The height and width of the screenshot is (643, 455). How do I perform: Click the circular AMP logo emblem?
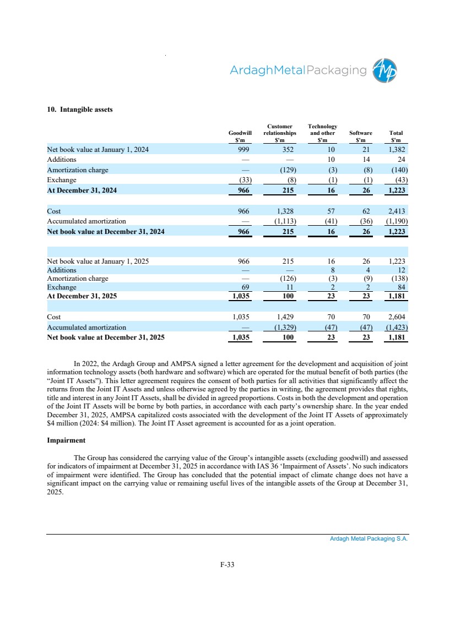coord(384,70)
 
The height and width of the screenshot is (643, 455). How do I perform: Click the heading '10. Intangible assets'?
coord(79,110)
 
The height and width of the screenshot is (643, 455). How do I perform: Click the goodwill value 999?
coord(243,149)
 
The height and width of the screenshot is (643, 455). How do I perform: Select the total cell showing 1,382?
coord(396,149)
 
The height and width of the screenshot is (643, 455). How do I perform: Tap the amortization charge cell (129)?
coord(286,170)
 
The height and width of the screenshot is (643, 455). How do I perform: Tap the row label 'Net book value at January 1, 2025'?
coord(98,261)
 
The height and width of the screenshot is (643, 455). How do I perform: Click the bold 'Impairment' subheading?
coord(64,441)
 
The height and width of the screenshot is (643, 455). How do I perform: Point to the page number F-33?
coord(227,564)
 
